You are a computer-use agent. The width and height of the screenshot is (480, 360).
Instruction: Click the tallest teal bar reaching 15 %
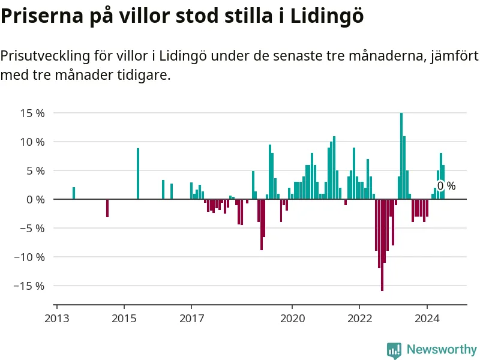(401, 156)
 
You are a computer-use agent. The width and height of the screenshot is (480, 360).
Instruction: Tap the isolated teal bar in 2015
(138, 173)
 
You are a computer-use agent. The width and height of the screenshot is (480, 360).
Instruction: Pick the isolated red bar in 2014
(107, 208)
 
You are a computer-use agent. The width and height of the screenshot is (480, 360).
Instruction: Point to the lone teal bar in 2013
(74, 193)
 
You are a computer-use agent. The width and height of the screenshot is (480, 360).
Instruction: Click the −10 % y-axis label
(29, 257)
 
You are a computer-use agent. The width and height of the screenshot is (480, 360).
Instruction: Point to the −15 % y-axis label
(29, 286)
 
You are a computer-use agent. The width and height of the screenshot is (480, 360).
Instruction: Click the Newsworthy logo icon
(394, 350)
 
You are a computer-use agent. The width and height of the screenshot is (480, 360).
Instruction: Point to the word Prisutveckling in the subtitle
(46, 57)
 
